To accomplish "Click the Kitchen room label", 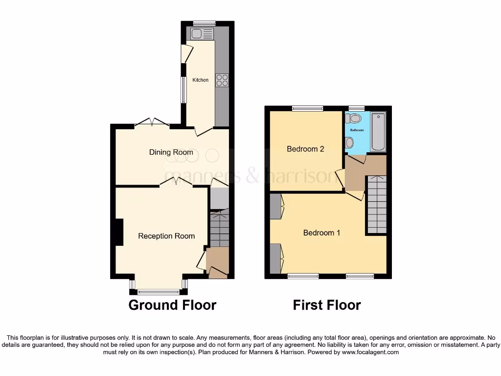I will coord(200,80).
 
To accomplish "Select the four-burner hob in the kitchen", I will coord(222,80).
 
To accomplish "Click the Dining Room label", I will coord(171,152).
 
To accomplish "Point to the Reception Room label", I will coord(166,236).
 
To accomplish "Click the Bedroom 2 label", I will coord(305,149).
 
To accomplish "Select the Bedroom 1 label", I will coord(321,233).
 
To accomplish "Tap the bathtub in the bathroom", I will coord(378,131).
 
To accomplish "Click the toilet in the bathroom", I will coord(354,118).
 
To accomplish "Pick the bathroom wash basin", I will coord(349,142).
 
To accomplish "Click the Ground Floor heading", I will coord(172,305).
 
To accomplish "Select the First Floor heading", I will coord(327,305).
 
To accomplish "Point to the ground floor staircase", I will coord(220,228).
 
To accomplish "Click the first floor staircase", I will coord(377,204).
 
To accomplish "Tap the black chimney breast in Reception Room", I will coord(118,232).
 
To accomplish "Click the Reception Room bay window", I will coord(159,292).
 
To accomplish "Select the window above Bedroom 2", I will coord(308,108).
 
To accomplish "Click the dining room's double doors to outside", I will coord(152,122).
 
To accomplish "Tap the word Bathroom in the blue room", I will coord(357,130).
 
